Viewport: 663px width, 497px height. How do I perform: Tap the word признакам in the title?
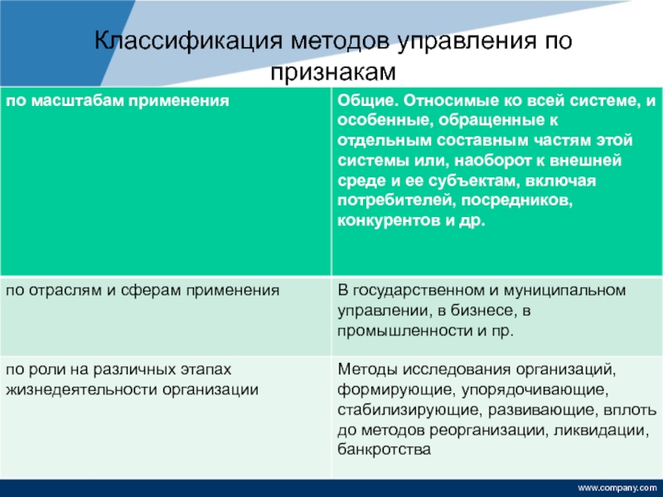[x=333, y=72]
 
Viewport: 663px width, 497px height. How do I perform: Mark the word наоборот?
[x=493, y=161]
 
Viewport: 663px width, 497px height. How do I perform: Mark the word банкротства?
[x=384, y=449]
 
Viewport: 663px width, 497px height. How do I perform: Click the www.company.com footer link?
[x=617, y=488]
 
